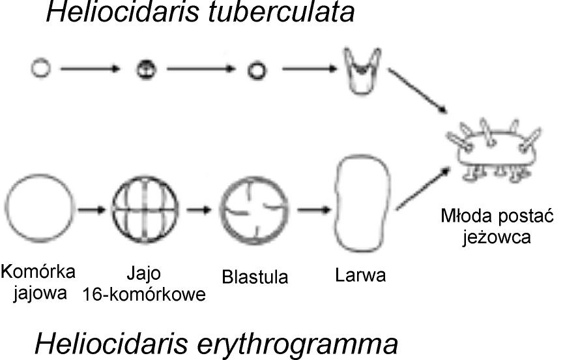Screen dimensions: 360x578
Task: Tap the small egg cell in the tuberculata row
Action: click(x=40, y=67)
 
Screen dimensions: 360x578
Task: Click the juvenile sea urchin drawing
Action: click(x=495, y=149)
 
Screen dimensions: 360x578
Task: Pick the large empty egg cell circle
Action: click(x=40, y=210)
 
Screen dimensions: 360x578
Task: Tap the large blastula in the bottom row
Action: click(x=255, y=209)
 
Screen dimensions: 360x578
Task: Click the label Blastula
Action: click(x=255, y=277)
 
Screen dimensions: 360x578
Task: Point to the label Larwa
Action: click(x=360, y=275)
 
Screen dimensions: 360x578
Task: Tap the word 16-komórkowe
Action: click(x=144, y=294)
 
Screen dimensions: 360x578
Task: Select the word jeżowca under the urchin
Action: click(x=497, y=235)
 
